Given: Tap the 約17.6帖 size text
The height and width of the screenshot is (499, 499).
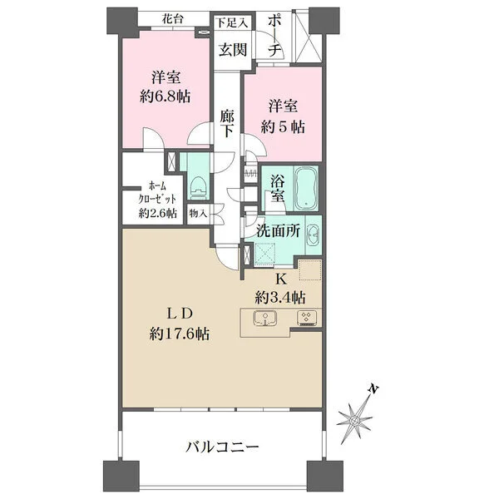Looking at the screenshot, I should (180, 333).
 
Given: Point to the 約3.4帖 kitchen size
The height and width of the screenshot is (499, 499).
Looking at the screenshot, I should (281, 296).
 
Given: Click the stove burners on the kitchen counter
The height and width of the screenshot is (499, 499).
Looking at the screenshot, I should (304, 318).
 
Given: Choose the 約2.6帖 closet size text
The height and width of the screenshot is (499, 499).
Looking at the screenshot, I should (157, 214).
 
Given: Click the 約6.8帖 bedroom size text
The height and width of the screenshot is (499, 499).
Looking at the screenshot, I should (165, 96).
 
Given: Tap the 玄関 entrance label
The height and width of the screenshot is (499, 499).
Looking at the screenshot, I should (232, 49).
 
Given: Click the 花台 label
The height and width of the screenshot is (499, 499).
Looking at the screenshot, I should (173, 17).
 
